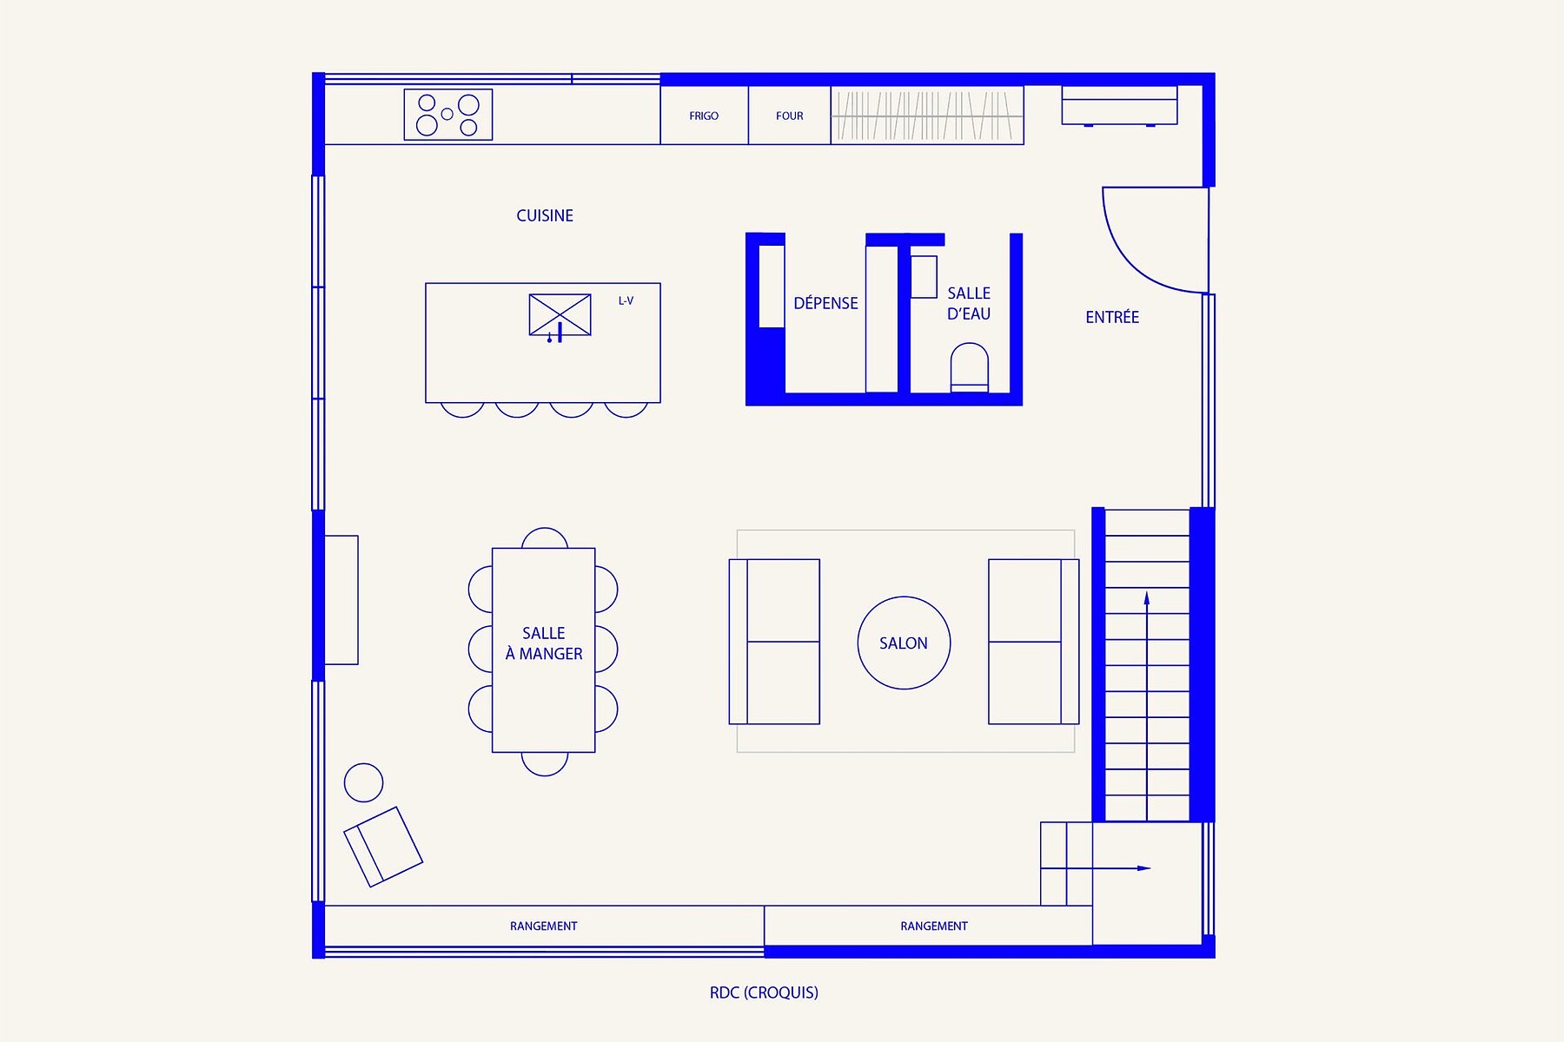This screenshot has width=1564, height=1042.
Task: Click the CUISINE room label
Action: (x=545, y=215)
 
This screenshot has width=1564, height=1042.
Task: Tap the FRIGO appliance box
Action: (x=704, y=115)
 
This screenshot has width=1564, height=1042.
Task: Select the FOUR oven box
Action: (x=789, y=115)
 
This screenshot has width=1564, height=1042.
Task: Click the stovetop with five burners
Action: (x=448, y=115)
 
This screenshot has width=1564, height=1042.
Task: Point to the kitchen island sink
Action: (x=560, y=314)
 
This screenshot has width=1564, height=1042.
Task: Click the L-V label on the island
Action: (x=626, y=301)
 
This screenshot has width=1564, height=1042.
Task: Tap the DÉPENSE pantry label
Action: (x=825, y=303)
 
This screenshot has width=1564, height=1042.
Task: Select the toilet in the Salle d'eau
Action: (x=969, y=367)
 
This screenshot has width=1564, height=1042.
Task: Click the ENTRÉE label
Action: (x=1112, y=318)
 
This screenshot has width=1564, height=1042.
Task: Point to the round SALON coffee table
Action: (x=904, y=643)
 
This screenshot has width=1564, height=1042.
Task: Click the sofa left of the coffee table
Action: (x=774, y=642)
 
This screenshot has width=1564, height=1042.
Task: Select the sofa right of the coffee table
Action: (x=1033, y=642)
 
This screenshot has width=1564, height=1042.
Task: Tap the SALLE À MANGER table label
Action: (x=544, y=643)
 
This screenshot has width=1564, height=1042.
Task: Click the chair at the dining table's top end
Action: (x=545, y=537)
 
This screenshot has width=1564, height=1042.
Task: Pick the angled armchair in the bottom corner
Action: (x=383, y=847)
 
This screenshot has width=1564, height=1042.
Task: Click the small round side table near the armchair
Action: (x=363, y=783)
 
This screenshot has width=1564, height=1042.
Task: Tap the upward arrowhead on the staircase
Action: (x=1147, y=598)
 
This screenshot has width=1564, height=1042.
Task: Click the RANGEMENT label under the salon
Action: (x=933, y=927)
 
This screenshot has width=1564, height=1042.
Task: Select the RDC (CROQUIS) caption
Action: (x=764, y=993)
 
